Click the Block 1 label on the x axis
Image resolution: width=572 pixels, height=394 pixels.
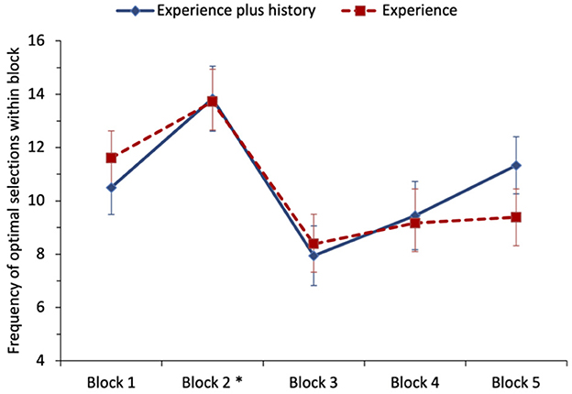[x=111, y=381]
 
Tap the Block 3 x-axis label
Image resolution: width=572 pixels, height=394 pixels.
[x=313, y=381]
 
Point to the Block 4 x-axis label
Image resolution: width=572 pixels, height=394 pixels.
[x=415, y=381]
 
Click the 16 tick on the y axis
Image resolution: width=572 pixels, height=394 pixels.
[x=38, y=41]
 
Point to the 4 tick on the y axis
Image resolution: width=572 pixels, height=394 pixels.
[x=41, y=361]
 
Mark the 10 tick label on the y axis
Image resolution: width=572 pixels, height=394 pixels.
[x=38, y=202]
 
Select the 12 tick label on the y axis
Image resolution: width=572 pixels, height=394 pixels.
[x=38, y=148]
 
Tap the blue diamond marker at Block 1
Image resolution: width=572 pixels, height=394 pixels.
[x=111, y=188]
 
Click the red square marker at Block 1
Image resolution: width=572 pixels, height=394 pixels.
[x=111, y=158]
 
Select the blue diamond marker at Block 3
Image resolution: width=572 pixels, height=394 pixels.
[x=313, y=257]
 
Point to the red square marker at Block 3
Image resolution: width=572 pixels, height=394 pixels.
[x=313, y=244]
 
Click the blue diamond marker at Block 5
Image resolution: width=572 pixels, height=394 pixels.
[x=517, y=166]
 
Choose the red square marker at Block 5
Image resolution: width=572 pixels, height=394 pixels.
[x=517, y=217]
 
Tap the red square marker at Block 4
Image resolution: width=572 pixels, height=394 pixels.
[x=415, y=223]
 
